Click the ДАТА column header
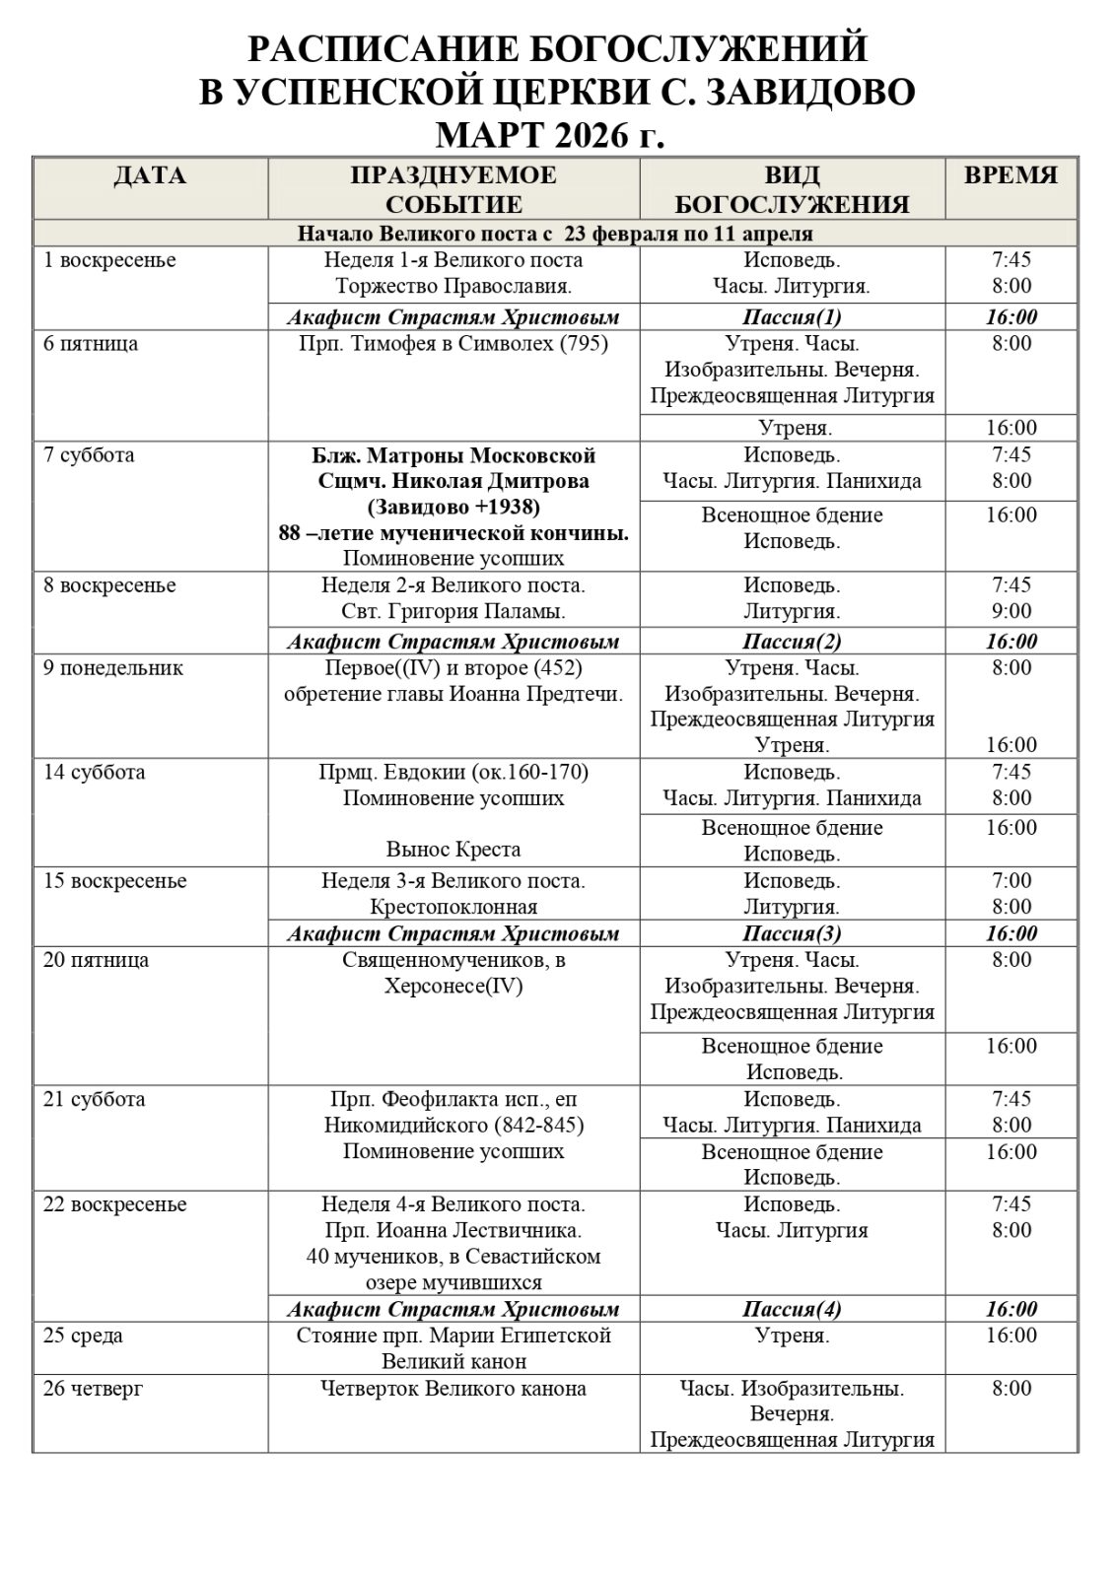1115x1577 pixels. pos(150,176)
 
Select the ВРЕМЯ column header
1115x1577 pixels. pos(1010,176)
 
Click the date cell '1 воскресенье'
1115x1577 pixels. pos(109,260)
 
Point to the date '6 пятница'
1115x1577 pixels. pos(91,344)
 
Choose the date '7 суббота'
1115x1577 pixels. pos(89,455)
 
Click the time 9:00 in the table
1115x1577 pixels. pos(1011,611)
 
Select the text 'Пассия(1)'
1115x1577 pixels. pos(792,316)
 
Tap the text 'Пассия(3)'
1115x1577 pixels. pos(792,933)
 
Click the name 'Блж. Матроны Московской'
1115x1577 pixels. pos(453,455)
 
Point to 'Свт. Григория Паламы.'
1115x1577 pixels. pos(453,611)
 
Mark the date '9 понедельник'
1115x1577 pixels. pos(113,667)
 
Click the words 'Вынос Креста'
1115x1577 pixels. pos(453,849)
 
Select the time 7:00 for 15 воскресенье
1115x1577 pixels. pos(1011,880)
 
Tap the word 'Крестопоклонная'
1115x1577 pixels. pos(453,907)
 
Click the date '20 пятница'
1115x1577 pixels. pos(97,960)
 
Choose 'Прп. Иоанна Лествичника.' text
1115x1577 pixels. pos(453,1230)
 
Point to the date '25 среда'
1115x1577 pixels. pos(84,1336)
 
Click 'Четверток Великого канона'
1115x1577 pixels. pos(453,1389)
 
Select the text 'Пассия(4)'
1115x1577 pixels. pos(792,1309)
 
